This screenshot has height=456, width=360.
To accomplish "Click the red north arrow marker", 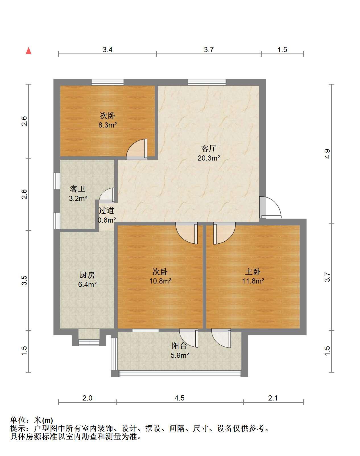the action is click(x=29, y=51).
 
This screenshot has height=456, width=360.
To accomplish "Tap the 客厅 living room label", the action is click(x=209, y=148).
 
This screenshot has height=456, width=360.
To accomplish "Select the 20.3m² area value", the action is click(x=209, y=158).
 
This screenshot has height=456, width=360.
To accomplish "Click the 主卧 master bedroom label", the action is click(x=253, y=272).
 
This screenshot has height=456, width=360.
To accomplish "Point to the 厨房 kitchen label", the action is click(x=87, y=275).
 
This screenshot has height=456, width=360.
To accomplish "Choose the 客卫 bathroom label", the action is click(x=78, y=189).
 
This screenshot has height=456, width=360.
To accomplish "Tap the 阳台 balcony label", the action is click(x=179, y=346).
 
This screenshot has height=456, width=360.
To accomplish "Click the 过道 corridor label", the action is click(x=106, y=210).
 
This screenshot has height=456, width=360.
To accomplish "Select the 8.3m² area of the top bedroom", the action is click(x=107, y=125).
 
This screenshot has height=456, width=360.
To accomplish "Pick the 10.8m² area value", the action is click(x=160, y=281).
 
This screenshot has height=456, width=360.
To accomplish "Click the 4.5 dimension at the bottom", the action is click(x=179, y=398).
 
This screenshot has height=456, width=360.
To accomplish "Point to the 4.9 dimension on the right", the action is click(x=327, y=154).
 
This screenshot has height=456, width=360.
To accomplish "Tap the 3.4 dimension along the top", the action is click(x=107, y=50).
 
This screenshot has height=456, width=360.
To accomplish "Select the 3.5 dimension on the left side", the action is click(x=24, y=280).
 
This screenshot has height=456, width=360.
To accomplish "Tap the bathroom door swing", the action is click(x=107, y=195).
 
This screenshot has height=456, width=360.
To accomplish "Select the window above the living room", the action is click(x=207, y=82).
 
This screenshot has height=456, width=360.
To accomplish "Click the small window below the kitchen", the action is click(x=89, y=343).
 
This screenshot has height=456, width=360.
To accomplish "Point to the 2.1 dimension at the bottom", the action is click(x=273, y=398).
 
